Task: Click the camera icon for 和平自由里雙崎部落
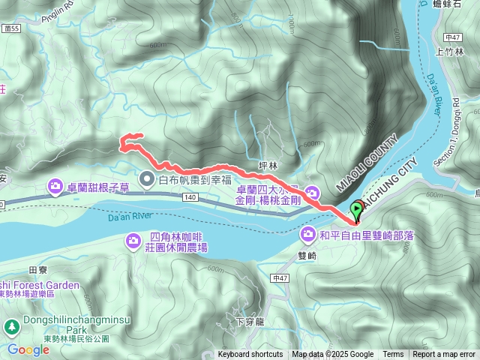point(308,235)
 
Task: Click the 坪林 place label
point(268,165)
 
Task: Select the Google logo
point(28,349)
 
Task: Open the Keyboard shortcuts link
point(250,355)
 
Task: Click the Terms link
point(393,355)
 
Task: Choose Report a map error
point(443,355)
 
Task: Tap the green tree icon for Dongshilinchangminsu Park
point(12,326)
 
